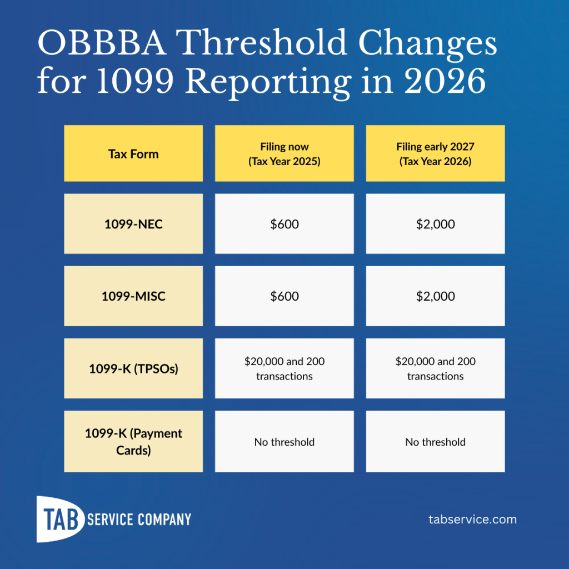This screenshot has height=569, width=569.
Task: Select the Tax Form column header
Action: tap(133, 154)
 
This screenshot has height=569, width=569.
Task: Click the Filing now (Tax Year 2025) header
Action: tap(284, 154)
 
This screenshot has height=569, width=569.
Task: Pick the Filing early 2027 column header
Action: tap(435, 154)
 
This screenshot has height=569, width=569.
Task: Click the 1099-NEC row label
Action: tap(133, 224)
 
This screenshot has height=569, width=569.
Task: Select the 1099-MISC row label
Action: tap(133, 296)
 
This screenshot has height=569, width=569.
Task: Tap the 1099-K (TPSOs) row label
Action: tap(133, 368)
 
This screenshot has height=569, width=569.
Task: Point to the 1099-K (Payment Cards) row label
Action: tap(133, 442)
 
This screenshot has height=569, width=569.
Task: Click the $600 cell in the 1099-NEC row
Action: tap(284, 224)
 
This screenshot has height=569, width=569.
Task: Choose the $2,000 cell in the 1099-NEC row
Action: tap(435, 224)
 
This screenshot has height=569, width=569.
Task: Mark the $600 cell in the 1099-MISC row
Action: tap(284, 296)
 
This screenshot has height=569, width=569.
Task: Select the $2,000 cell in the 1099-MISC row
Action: tap(435, 296)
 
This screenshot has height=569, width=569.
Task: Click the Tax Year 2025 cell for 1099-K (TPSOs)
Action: tap(284, 368)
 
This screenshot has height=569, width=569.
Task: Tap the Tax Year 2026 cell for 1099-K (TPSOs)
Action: tap(435, 368)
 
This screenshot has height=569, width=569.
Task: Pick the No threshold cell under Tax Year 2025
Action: tap(284, 442)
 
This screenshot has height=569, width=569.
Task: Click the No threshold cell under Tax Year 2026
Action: tap(435, 442)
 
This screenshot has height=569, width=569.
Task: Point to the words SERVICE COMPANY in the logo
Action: tap(139, 520)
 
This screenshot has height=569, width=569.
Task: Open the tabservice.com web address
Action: tap(472, 520)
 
